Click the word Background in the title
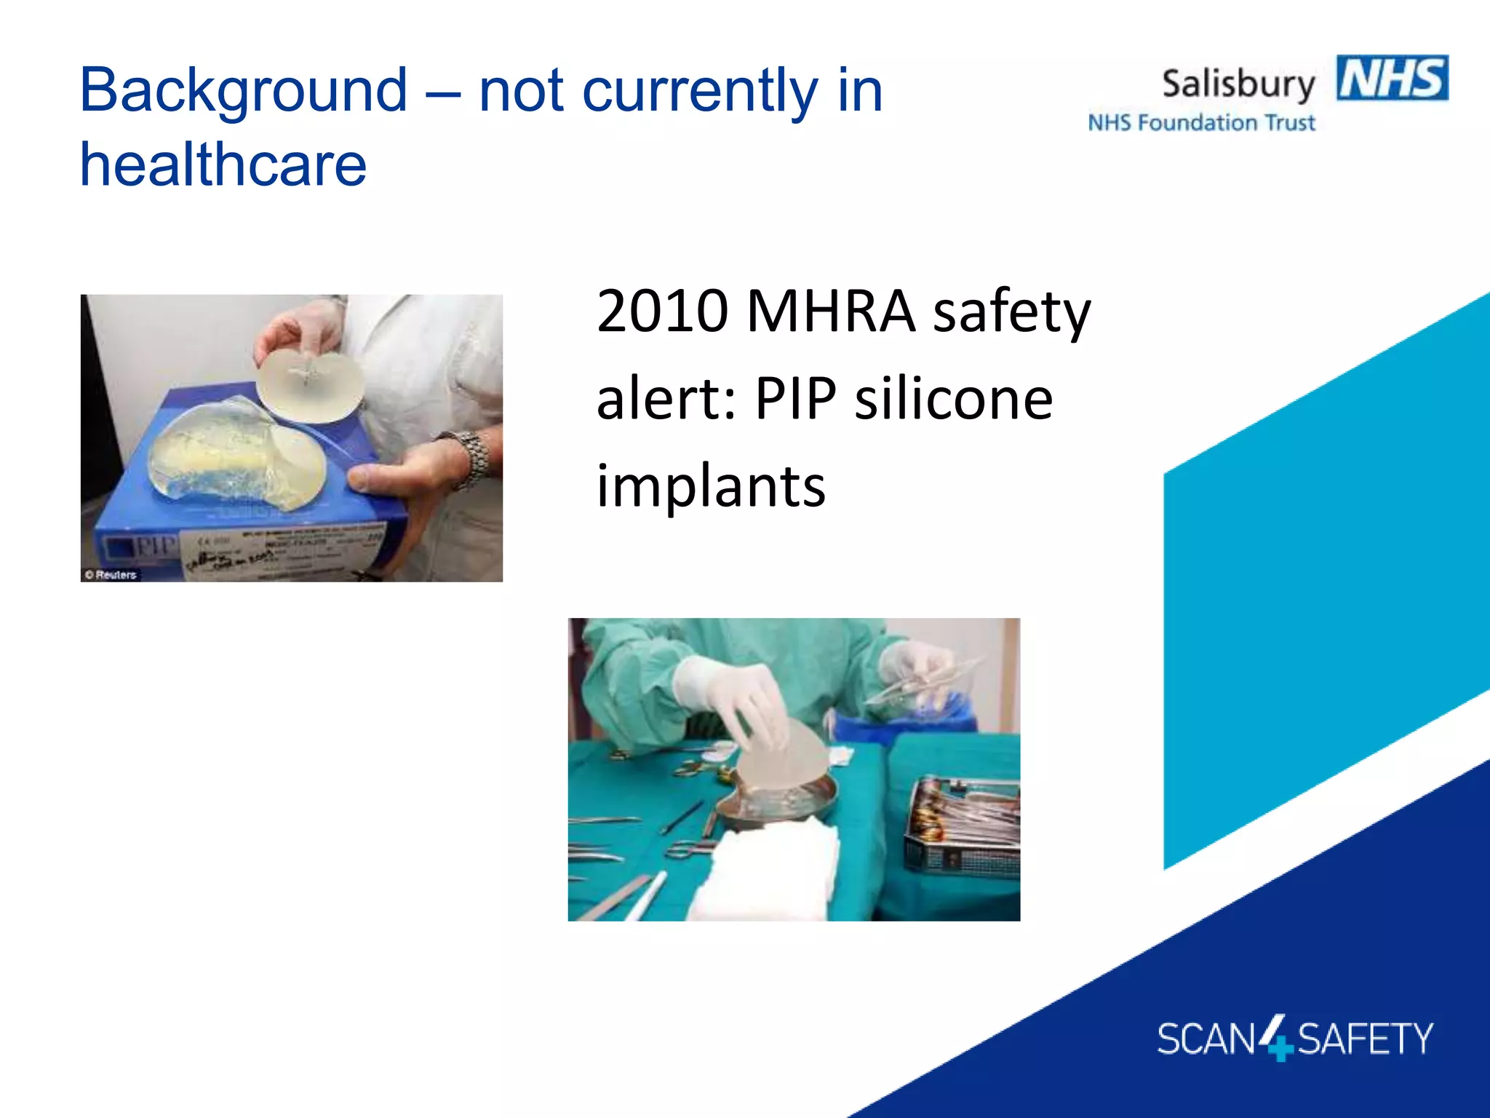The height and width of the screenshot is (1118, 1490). click(243, 92)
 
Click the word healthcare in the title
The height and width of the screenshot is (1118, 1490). click(223, 165)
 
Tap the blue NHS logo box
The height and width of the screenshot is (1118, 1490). click(1392, 78)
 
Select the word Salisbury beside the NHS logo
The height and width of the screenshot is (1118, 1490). click(1238, 84)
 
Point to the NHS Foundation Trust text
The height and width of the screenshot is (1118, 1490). click(1201, 123)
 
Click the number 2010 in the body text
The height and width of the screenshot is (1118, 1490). click(662, 312)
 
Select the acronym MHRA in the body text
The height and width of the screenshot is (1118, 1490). click(830, 312)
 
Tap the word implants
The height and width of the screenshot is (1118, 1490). click(711, 486)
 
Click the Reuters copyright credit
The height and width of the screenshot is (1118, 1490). click(111, 575)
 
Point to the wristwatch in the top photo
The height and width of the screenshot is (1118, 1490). click(470, 457)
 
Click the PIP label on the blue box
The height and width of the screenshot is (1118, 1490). click(154, 547)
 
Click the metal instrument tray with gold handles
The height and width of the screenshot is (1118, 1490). click(960, 822)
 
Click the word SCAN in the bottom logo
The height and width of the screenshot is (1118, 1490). click(1206, 1039)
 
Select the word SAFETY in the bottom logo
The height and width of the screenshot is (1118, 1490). click(1365, 1039)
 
